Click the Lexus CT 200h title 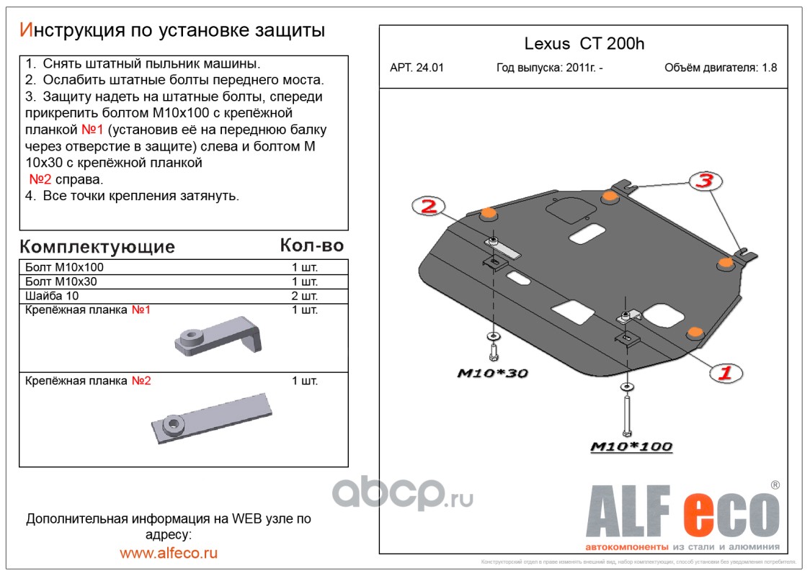point(584,44)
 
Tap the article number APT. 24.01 point(417,68)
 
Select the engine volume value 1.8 point(769,68)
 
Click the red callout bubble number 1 point(725,372)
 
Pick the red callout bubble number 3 point(704,181)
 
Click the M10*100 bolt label point(631,447)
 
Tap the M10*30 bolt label point(493,373)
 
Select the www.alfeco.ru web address point(169,553)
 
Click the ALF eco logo point(682,512)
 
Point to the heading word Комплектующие point(97,247)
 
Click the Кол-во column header point(311,246)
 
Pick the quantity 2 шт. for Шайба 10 point(305,296)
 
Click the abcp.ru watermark point(402,495)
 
